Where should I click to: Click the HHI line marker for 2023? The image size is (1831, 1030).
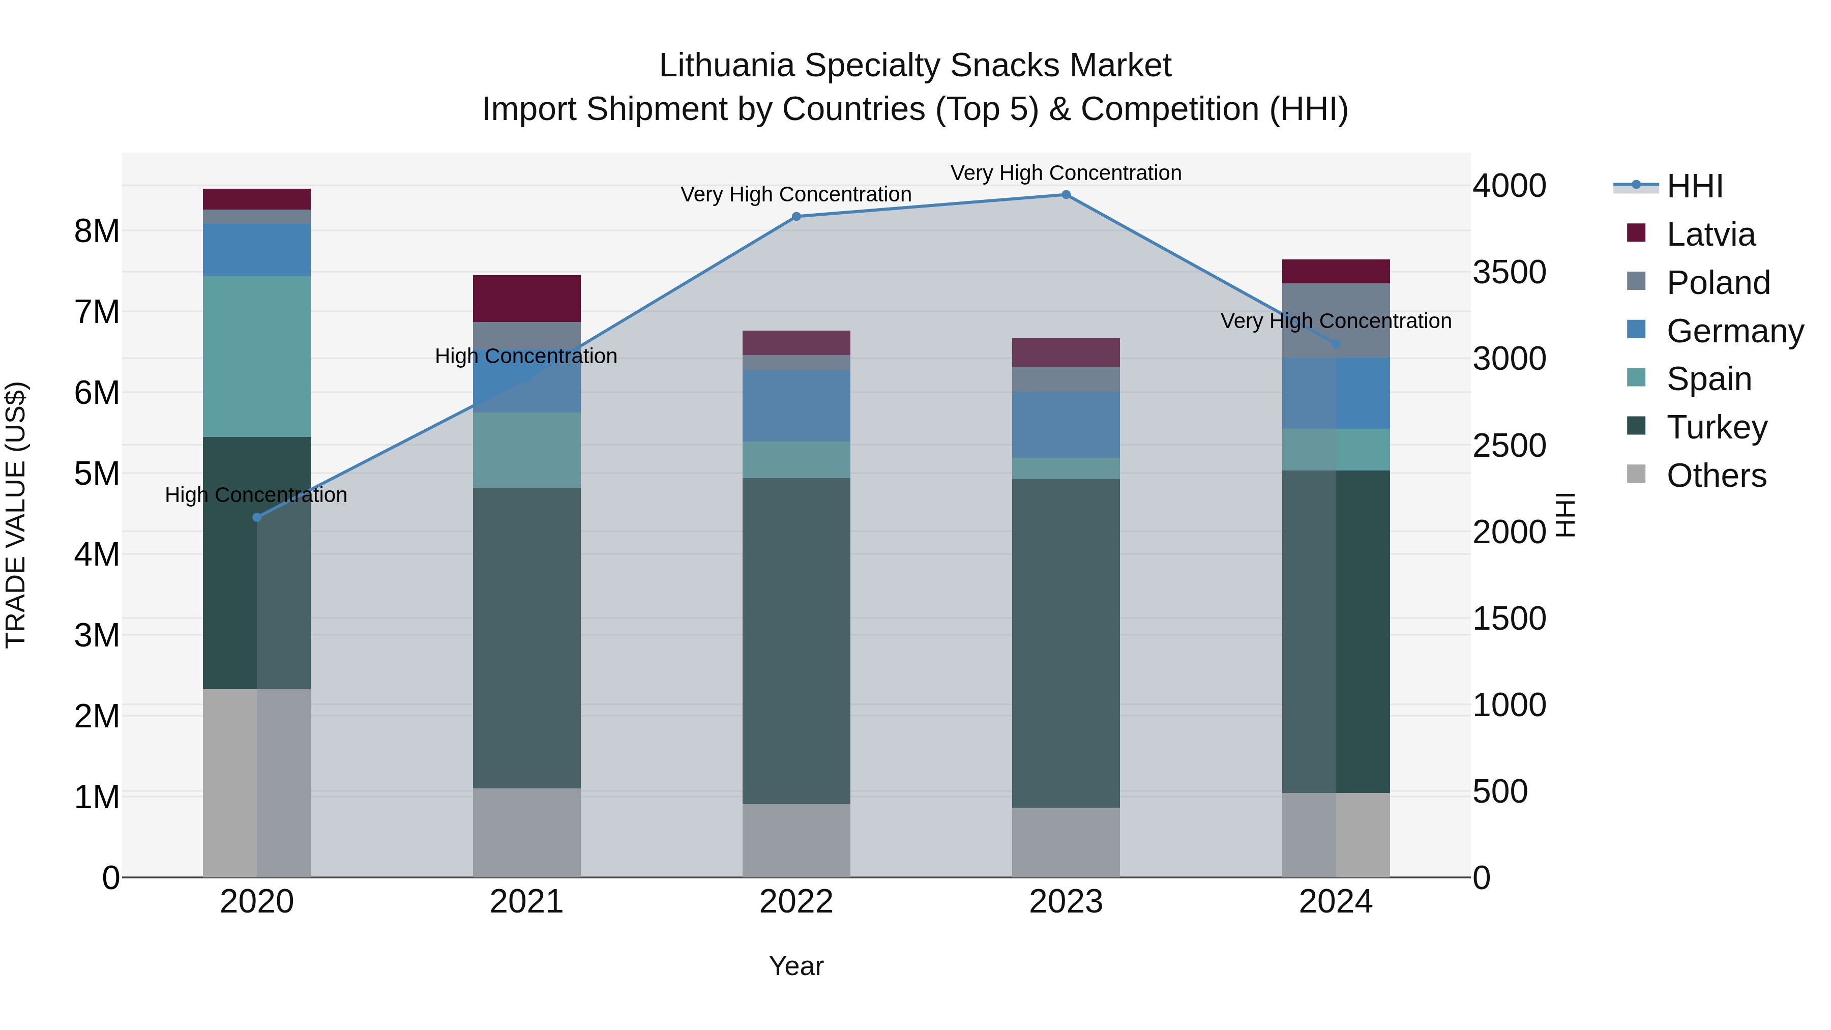pyautogui.click(x=1066, y=195)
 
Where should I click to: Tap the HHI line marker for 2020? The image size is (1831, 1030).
pyautogui.click(x=257, y=517)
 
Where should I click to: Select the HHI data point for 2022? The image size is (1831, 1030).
pyautogui.click(x=796, y=217)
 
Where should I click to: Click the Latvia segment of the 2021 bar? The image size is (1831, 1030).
pyautogui.click(x=527, y=299)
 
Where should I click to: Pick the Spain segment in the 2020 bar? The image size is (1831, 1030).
pyautogui.click(x=257, y=356)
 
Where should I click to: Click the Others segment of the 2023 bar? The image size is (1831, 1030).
pyautogui.click(x=1066, y=842)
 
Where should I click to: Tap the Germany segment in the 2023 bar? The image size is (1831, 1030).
pyautogui.click(x=1066, y=424)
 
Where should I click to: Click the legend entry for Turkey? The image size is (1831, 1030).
pyautogui.click(x=1716, y=427)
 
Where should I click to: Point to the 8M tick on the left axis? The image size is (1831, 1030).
pyautogui.click(x=97, y=231)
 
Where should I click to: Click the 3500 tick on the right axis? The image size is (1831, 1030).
pyautogui.click(x=1509, y=272)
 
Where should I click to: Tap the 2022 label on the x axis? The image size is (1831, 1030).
pyautogui.click(x=796, y=902)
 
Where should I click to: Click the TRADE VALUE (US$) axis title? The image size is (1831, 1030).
pyautogui.click(x=16, y=515)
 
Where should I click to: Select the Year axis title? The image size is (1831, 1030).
pyautogui.click(x=796, y=966)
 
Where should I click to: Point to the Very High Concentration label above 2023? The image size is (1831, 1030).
pyautogui.click(x=1066, y=173)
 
